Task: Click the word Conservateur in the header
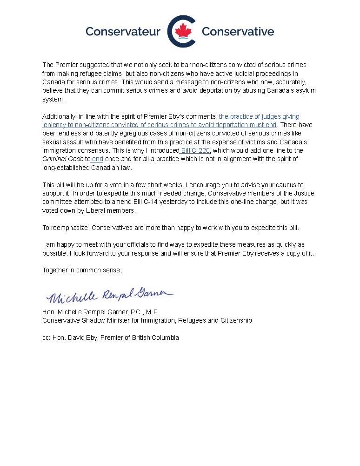123,32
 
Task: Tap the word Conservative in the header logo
238,32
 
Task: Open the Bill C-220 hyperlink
195,150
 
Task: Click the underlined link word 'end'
97,159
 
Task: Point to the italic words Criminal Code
63,159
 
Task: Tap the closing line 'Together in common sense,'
82,270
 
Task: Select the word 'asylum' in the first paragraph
306,90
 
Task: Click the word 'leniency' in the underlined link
54,125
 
